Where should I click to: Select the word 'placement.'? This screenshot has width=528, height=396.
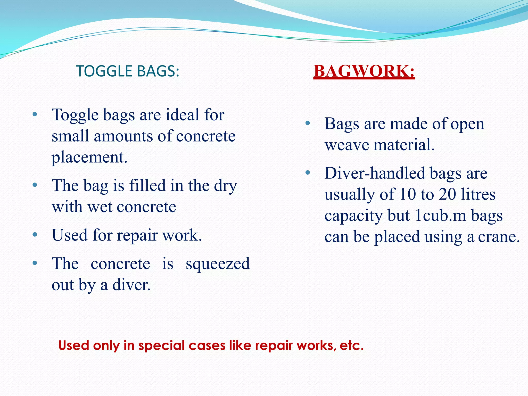tap(89, 157)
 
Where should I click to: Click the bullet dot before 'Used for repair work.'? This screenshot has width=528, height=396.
tap(35, 235)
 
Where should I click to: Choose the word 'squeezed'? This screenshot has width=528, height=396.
tap(218, 263)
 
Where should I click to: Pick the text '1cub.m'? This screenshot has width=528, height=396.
tap(441, 216)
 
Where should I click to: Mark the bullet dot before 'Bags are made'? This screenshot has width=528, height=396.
tap(307, 123)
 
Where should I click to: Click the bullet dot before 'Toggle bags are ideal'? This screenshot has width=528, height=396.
tap(35, 114)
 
